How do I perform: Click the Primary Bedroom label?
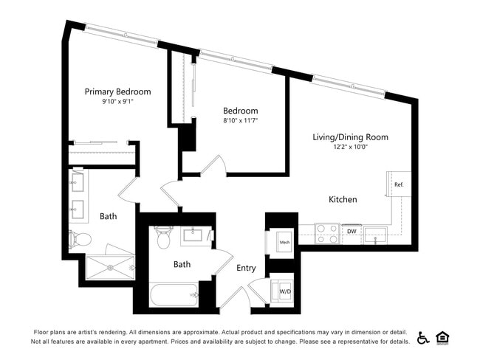[x=117, y=91]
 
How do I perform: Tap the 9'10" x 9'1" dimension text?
[x=117, y=102]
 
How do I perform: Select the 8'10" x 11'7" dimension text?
[x=241, y=120]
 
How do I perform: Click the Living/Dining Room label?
[x=350, y=136]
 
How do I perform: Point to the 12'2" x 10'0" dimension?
[x=350, y=147]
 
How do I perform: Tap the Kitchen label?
[x=343, y=199]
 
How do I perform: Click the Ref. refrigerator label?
[x=399, y=184]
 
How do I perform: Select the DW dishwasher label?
[x=352, y=231]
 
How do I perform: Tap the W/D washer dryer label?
[x=284, y=292]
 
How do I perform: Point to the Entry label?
[x=246, y=268]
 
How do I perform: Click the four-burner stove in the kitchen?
[x=326, y=233]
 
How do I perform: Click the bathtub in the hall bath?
[x=174, y=297]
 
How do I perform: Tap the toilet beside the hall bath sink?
[x=163, y=238]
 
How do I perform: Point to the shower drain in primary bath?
[x=110, y=267]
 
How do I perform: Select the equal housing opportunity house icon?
[x=443, y=337]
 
